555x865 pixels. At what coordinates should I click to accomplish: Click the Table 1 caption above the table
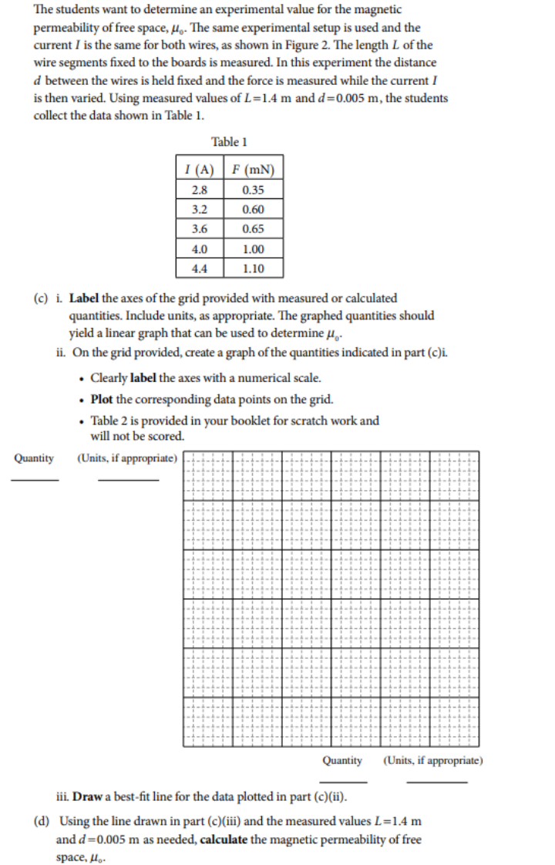click(229, 142)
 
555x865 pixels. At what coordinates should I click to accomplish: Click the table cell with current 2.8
click(199, 190)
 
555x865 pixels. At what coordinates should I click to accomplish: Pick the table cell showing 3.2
click(199, 209)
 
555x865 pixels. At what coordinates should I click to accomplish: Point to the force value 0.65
click(252, 229)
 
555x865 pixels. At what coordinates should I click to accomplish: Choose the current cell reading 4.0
click(199, 249)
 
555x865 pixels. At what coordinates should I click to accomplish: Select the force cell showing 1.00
click(252, 249)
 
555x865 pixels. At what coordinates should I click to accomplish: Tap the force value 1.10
click(252, 269)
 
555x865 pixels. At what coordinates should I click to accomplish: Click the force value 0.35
click(252, 190)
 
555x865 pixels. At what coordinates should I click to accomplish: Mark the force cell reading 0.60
click(252, 209)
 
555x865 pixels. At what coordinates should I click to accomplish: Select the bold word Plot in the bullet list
click(103, 399)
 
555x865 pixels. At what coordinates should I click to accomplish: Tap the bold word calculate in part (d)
click(224, 839)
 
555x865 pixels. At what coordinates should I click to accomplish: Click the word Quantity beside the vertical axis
click(34, 458)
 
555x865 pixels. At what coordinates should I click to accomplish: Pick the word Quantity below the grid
click(342, 760)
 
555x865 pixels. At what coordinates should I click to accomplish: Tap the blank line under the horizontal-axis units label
click(436, 782)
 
